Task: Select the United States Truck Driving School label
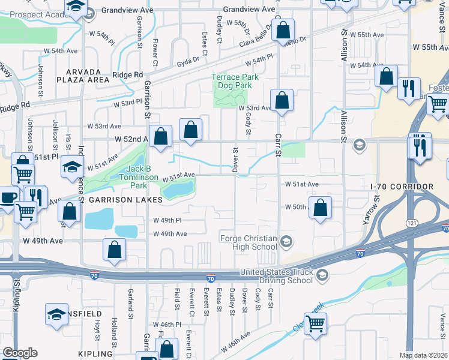(x=276, y=276)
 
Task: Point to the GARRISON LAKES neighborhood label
(x=125, y=199)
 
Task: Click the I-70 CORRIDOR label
(x=402, y=187)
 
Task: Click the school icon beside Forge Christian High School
(x=287, y=241)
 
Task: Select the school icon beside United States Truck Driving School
(x=322, y=275)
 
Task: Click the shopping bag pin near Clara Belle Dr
(x=283, y=29)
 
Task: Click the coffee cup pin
(x=8, y=197)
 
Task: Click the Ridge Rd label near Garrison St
(x=128, y=75)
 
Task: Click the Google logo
(x=20, y=353)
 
